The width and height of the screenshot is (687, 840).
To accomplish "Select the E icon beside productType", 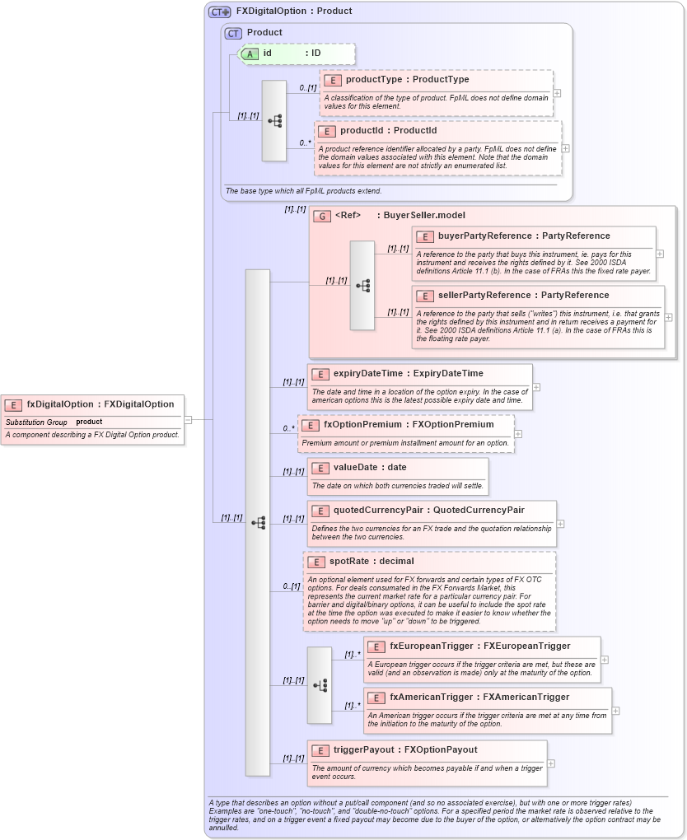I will (x=333, y=80).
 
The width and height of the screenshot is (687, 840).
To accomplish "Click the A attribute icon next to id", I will (x=250, y=54).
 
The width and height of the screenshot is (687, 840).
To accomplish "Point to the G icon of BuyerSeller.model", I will (x=323, y=216).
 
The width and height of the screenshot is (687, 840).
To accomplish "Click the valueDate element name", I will (x=358, y=468).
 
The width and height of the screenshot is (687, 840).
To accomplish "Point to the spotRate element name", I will (x=353, y=562).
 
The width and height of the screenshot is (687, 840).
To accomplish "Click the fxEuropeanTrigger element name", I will (x=433, y=646).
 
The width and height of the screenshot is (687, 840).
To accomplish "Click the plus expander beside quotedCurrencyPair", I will (x=560, y=523).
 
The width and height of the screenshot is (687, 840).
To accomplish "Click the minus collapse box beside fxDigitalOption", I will (x=189, y=419).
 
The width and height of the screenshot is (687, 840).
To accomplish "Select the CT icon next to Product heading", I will (x=233, y=33).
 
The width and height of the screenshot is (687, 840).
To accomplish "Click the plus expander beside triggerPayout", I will (x=551, y=763).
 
